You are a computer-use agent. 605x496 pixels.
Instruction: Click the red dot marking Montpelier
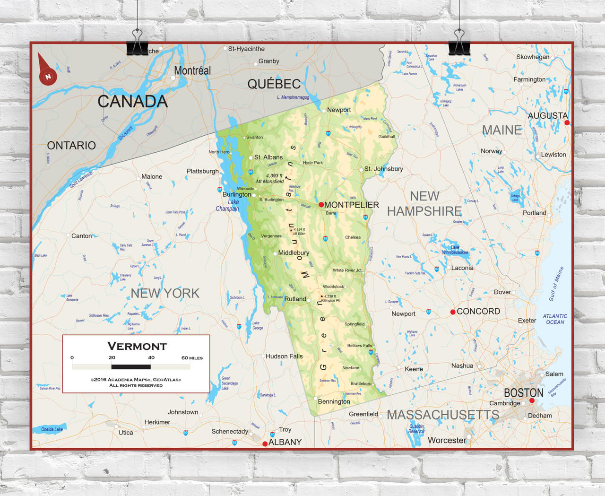click(x=321, y=205)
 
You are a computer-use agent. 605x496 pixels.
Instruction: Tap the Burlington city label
click(x=237, y=194)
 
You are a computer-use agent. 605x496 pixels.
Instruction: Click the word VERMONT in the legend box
click(x=137, y=346)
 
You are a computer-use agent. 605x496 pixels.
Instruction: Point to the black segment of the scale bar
click(x=131, y=367)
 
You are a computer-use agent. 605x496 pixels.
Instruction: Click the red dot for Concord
click(x=453, y=312)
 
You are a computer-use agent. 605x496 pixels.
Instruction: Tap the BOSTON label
click(x=523, y=393)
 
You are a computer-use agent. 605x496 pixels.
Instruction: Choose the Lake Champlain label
click(x=228, y=205)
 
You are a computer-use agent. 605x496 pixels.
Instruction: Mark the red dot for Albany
click(x=265, y=444)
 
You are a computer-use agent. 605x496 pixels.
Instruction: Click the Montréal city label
click(x=192, y=70)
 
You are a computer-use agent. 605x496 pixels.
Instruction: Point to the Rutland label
click(x=295, y=299)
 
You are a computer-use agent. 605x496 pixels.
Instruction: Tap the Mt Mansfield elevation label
click(x=270, y=178)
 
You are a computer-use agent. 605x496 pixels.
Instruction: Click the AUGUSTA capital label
click(x=547, y=115)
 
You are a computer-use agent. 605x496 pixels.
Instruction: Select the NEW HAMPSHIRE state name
click(x=424, y=204)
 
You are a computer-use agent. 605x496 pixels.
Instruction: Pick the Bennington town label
click(x=334, y=401)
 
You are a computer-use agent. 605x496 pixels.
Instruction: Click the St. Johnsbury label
click(x=383, y=169)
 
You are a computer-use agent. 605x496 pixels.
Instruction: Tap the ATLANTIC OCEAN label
click(x=555, y=319)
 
